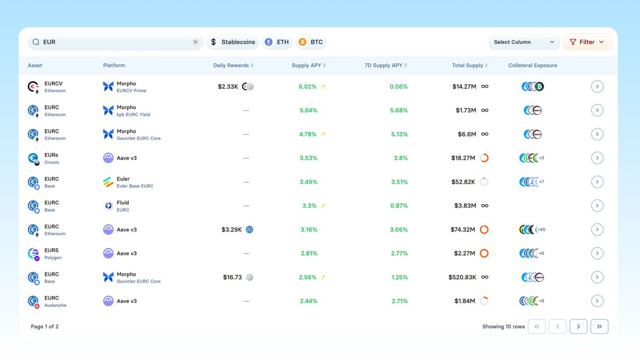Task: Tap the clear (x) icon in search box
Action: (195, 42)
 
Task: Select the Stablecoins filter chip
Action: (233, 42)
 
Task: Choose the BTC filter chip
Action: (311, 42)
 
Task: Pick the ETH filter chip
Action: (277, 42)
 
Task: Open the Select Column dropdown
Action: (524, 42)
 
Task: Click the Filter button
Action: (587, 42)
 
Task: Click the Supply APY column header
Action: (308, 66)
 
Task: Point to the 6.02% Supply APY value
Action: (308, 86)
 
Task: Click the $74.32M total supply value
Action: (462, 230)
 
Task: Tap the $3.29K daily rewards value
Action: (231, 230)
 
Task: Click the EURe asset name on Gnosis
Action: (51, 155)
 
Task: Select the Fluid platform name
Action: (123, 203)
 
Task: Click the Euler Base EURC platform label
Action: (135, 186)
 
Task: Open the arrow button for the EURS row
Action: (597, 253)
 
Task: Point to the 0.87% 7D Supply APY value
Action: (399, 206)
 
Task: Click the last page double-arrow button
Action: (599, 326)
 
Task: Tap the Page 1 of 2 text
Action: (45, 326)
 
